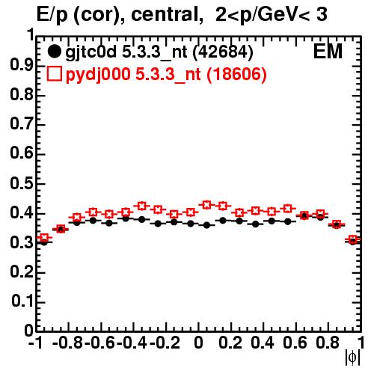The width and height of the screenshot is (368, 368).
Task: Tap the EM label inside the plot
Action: (328, 52)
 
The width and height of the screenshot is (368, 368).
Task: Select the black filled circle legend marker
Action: (54, 52)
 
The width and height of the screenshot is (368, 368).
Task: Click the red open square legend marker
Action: (54, 73)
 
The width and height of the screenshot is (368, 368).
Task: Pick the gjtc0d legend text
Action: (91, 52)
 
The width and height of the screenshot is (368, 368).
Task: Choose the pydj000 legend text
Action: (98, 75)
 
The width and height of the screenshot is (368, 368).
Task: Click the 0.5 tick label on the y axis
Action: (22, 183)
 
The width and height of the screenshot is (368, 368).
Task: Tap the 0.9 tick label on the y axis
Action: (22, 65)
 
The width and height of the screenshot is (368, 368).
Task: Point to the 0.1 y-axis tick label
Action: (22, 301)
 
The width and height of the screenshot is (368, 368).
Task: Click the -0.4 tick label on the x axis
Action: (132, 343)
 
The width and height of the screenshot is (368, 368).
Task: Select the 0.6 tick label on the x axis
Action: (295, 343)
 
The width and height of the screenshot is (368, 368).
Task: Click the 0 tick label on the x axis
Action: (198, 343)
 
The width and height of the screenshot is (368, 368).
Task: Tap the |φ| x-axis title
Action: (352, 358)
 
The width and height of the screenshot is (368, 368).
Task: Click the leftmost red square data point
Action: (44, 237)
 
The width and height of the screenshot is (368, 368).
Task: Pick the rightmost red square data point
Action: (352, 239)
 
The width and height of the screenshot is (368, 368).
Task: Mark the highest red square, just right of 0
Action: (206, 205)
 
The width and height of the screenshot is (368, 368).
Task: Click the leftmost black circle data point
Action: (44, 242)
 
